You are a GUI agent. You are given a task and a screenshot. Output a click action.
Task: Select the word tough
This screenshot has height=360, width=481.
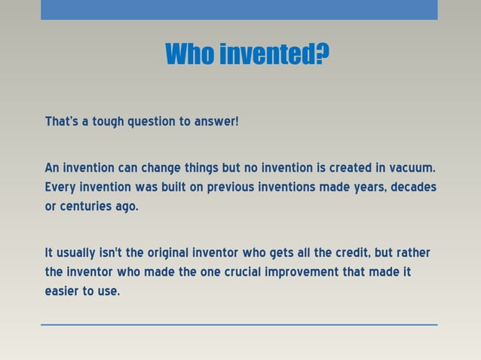(x=108, y=121)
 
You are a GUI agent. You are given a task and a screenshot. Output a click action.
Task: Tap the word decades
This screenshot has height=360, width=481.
(x=413, y=187)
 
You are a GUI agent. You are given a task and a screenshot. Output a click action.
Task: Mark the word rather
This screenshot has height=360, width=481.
(x=413, y=252)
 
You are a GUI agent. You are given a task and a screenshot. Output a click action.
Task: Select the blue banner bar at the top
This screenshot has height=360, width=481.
(x=239, y=10)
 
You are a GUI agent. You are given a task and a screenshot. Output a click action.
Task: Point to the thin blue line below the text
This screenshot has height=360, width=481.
(x=239, y=325)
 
